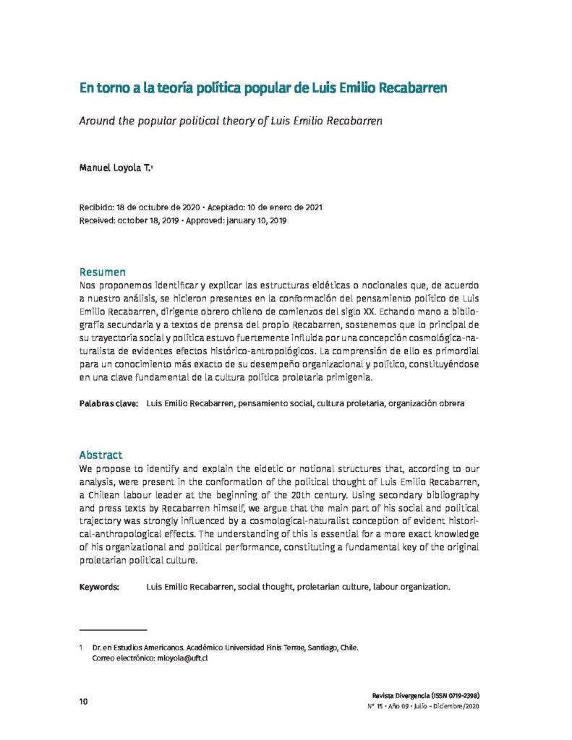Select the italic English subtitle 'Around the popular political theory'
pos(230,121)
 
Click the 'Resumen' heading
pos(102,272)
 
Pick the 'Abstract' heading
pos(101,455)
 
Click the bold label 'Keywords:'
pos(99,587)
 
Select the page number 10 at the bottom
pos(83,702)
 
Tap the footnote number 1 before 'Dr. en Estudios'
pos(81,647)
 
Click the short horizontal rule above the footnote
pos(112,630)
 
